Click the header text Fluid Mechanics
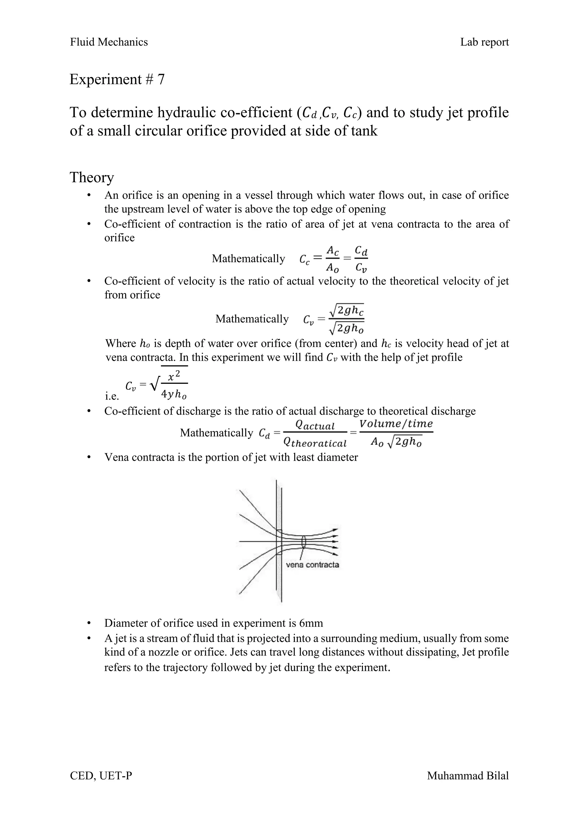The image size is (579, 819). coord(109,42)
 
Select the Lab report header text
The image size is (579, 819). coord(484,42)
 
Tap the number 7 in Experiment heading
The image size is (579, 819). coord(161,79)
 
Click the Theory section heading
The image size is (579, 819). coord(92,177)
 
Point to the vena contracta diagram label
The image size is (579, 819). coord(312,565)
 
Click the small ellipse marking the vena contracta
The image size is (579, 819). coord(304,542)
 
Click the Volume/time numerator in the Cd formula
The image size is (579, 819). coord(396,424)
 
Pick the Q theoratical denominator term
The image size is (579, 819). coord(314,443)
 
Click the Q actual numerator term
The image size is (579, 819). coord(315,425)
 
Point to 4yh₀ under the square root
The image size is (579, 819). coord(174,394)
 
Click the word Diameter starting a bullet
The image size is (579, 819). coord(126,623)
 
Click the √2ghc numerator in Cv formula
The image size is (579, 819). coord(347,311)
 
